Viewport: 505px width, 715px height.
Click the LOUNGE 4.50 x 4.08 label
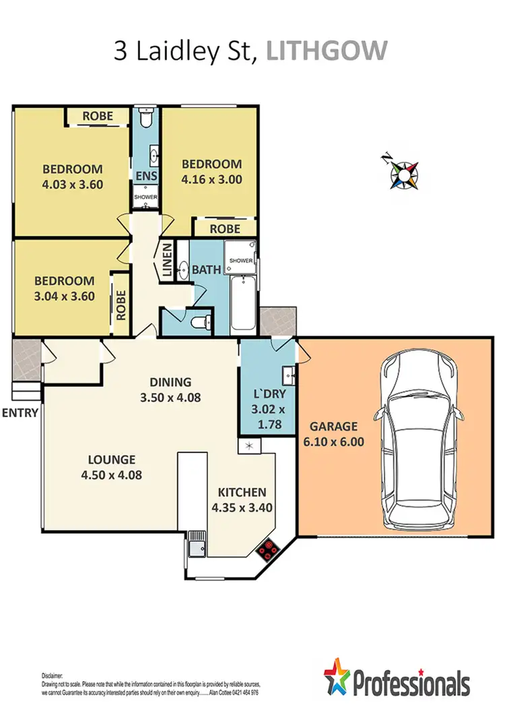pos(112,467)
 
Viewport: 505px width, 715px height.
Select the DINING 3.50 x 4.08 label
pos(171,389)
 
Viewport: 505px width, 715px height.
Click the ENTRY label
pos(19,412)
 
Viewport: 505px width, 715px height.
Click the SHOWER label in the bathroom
pos(241,261)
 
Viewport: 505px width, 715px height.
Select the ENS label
pos(146,177)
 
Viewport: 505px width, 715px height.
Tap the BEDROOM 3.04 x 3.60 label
pos(65,288)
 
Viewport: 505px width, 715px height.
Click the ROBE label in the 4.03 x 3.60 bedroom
pos(98,117)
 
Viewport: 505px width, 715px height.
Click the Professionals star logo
pos(341,677)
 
